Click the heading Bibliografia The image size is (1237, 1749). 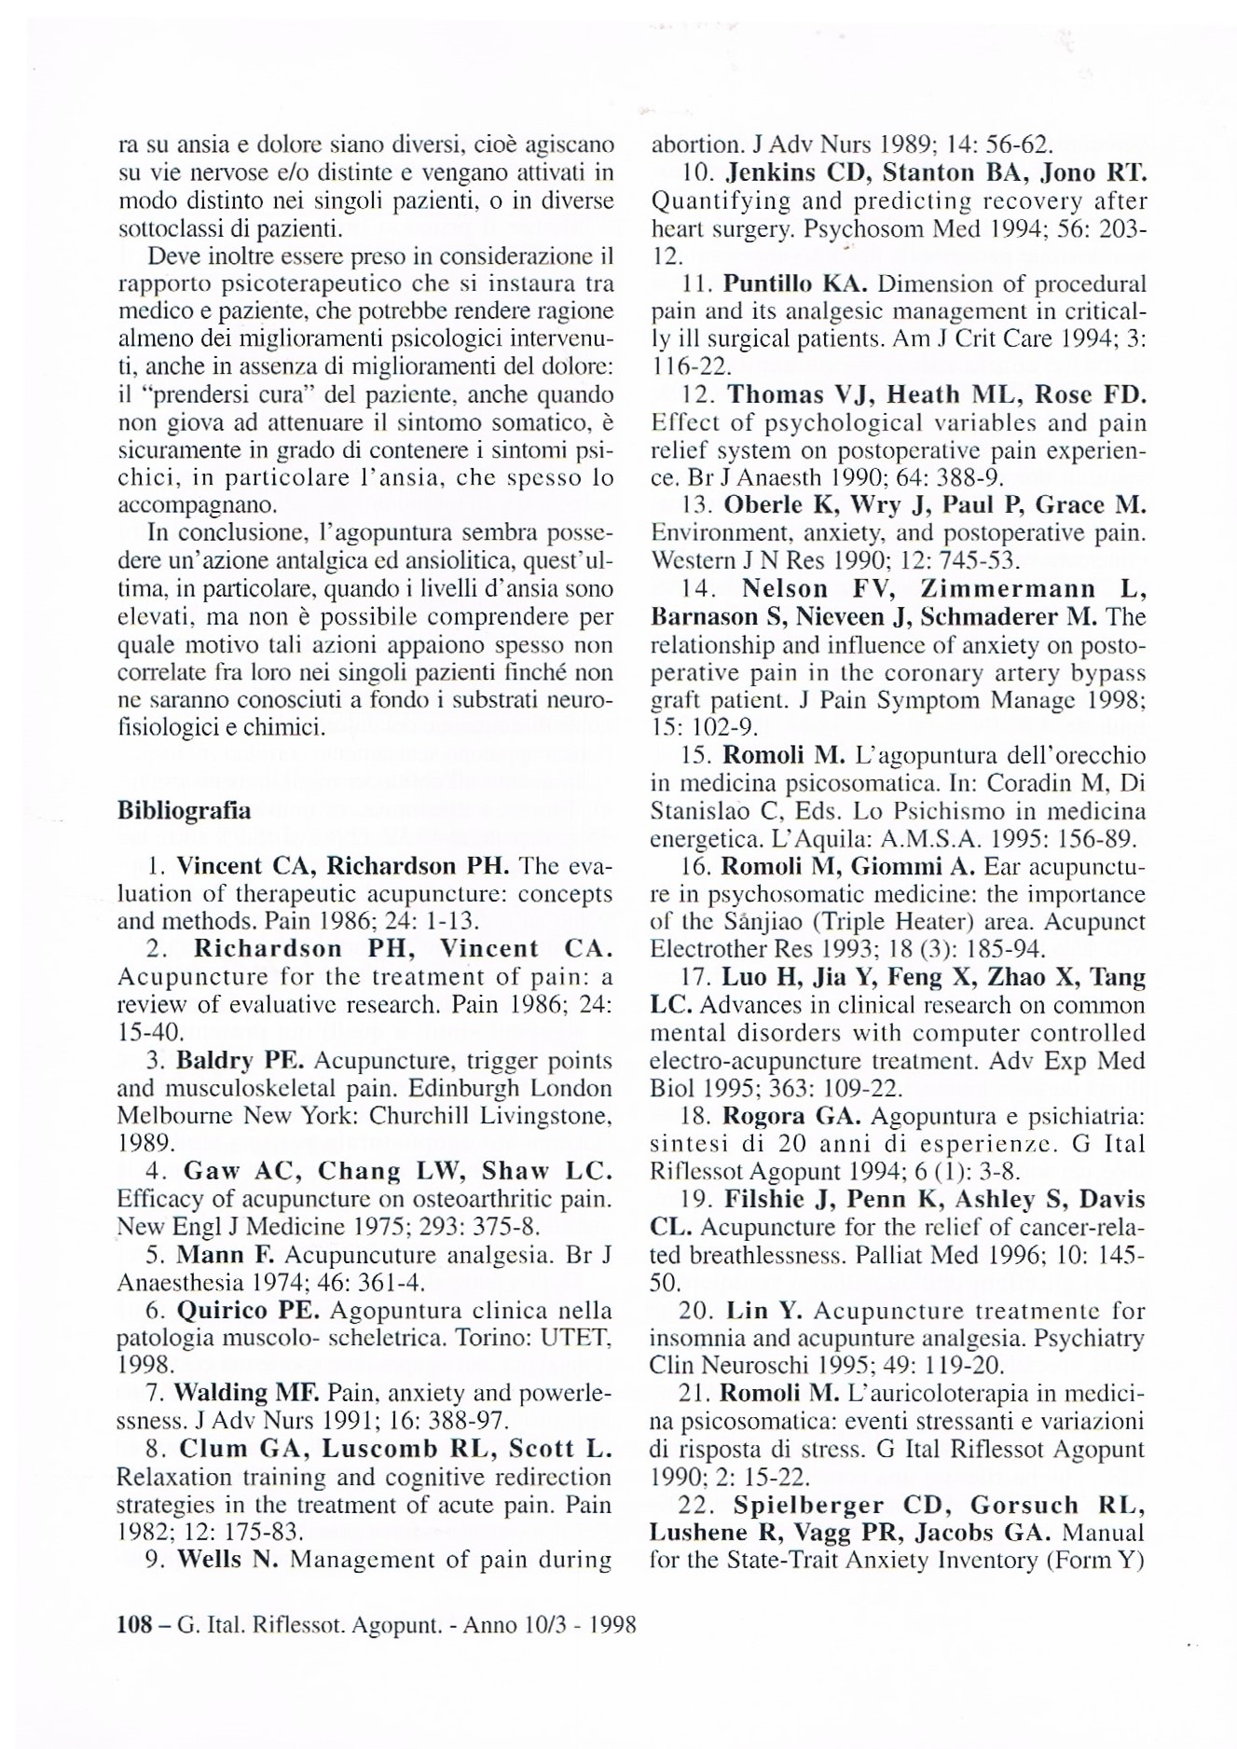[184, 810]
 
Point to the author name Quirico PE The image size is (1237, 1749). [248, 1311]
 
